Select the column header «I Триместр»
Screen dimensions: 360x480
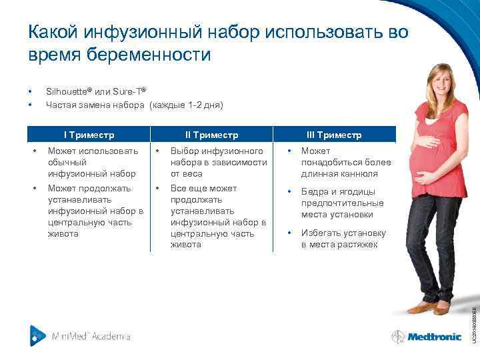point(89,135)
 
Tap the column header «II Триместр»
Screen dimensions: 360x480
point(211,135)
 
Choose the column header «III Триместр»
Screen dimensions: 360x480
point(334,135)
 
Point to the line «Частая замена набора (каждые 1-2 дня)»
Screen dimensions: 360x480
point(134,105)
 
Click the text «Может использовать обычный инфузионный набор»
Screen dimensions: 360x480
point(93,162)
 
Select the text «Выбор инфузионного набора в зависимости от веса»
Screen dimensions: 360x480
point(218,162)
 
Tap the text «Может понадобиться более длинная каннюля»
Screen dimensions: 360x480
point(345,162)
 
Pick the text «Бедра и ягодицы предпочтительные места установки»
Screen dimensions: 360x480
point(342,203)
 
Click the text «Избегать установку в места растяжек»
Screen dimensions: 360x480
point(343,239)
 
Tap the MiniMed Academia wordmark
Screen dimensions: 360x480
point(91,336)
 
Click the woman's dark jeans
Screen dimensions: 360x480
point(427,240)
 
